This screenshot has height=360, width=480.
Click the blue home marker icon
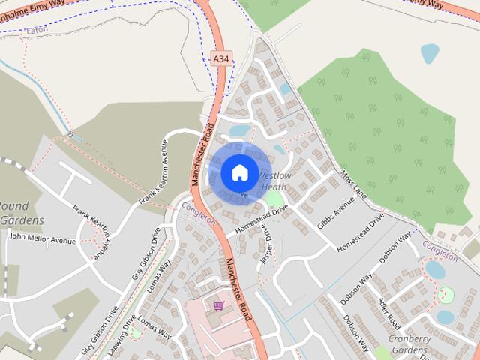pyautogui.click(x=239, y=172)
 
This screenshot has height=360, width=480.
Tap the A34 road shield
pyautogui.click(x=221, y=58)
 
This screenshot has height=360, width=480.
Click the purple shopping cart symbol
pyautogui.click(x=218, y=305)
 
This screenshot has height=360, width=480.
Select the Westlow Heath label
pyautogui.click(x=273, y=181)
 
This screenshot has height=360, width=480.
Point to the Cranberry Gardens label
pyautogui.click(x=409, y=344)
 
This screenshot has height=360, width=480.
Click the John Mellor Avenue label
pyautogui.click(x=42, y=239)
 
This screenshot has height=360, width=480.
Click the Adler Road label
pyautogui.click(x=389, y=312)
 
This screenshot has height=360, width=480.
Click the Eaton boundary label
pyautogui.click(x=36, y=31)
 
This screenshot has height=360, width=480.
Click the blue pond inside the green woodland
pyautogui.click(x=430, y=52)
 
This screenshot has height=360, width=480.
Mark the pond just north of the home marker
pyautogui.click(x=240, y=131)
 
